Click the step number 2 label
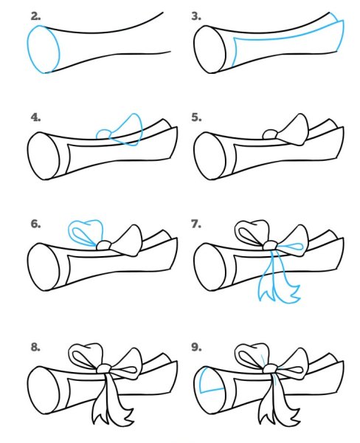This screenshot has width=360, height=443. tap(35, 17)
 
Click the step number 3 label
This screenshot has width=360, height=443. tap(196, 17)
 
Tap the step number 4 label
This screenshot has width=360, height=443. tap(35, 117)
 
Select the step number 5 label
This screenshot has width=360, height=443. tap(196, 117)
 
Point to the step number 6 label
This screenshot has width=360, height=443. tap(35, 224)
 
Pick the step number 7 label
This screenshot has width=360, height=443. tap(196, 224)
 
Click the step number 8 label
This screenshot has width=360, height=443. tap(35, 347)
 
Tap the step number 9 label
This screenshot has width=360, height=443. tap(196, 347)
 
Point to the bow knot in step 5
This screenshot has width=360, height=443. tap(271, 134)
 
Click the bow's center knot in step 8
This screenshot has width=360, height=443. tap(105, 368)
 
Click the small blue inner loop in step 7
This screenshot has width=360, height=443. tap(291, 247)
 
